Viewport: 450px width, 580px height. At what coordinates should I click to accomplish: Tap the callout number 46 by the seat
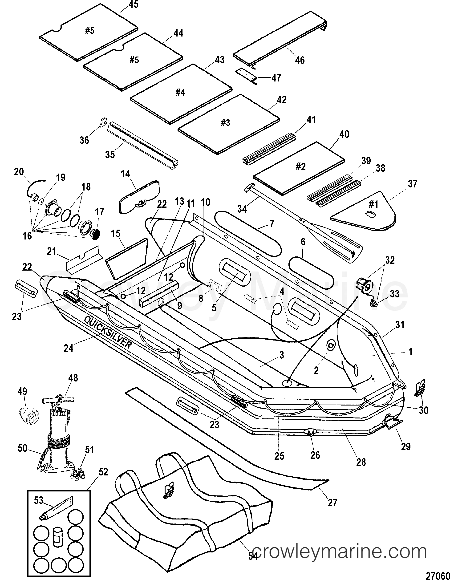(300, 60)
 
